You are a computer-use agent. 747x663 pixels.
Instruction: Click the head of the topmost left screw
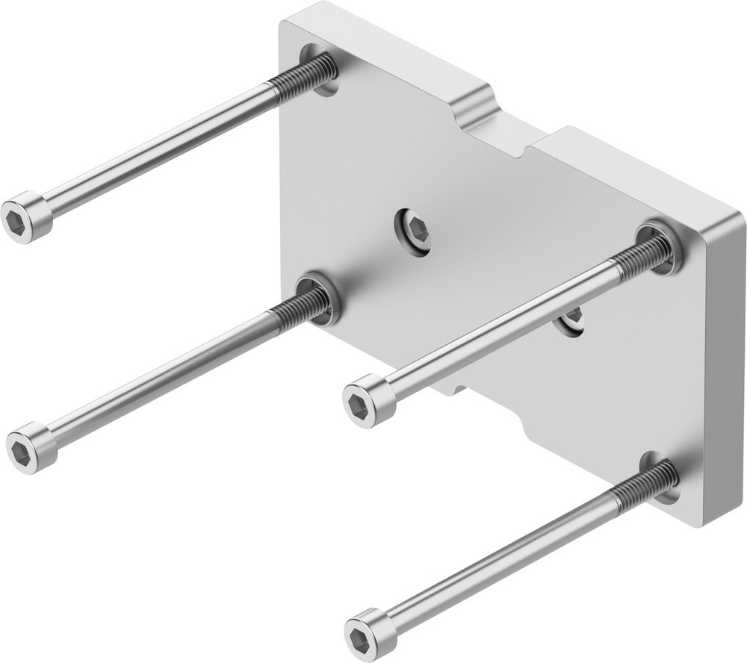point(25,218)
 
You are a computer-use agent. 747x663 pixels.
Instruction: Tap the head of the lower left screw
point(31,447)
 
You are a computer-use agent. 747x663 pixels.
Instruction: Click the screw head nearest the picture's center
point(369,401)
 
